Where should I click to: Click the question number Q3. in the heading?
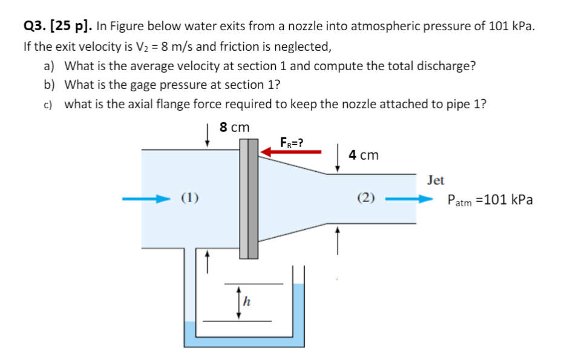[x=34, y=26]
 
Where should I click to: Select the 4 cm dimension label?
[x=364, y=155]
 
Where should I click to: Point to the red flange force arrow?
[x=291, y=152]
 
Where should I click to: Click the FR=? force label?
[x=292, y=143]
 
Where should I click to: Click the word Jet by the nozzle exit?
[x=435, y=180]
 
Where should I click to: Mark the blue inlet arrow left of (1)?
[x=145, y=198]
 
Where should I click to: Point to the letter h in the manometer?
[x=247, y=301]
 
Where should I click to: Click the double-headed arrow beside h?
[x=240, y=301]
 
